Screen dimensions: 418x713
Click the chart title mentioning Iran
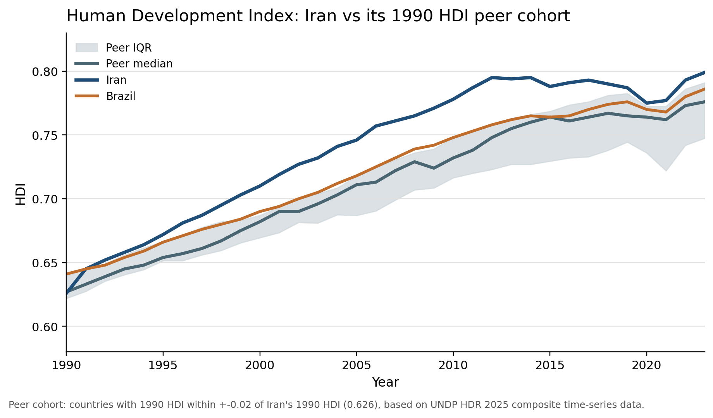[x=318, y=16]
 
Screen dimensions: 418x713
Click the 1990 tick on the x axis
[x=66, y=365]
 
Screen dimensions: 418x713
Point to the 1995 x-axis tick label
[x=163, y=365]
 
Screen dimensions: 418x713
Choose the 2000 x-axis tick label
[x=260, y=365]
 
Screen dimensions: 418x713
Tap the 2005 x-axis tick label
[x=356, y=365]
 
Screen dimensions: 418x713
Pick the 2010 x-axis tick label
[x=453, y=365]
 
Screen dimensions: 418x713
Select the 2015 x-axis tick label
[x=550, y=365]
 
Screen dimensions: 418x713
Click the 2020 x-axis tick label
[x=646, y=365]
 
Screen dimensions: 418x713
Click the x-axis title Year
[x=385, y=382]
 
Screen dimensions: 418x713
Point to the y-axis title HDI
[x=21, y=194]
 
